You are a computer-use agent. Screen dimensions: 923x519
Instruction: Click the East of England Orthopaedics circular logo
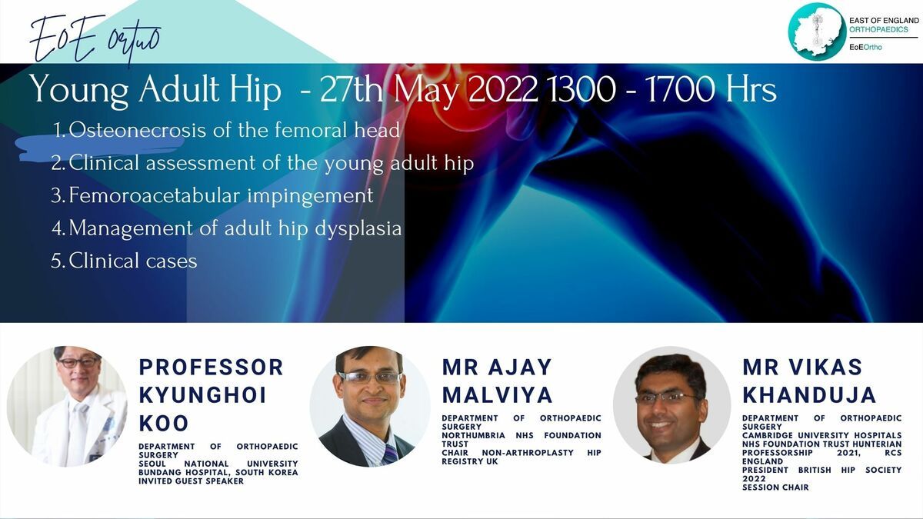(x=817, y=32)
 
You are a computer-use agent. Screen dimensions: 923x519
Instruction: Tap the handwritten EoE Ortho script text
(x=95, y=40)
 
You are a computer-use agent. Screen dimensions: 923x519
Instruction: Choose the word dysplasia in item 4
(x=358, y=229)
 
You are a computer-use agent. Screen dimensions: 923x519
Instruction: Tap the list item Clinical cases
(x=132, y=261)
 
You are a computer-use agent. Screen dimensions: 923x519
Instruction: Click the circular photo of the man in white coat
(x=67, y=406)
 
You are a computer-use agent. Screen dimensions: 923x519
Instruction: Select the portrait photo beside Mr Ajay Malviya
(x=370, y=406)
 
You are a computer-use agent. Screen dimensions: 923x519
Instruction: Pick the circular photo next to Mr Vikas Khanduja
(x=672, y=405)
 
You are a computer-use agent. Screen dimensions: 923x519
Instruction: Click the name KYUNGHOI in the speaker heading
(x=203, y=395)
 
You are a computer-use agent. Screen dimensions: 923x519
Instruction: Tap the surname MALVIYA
(x=497, y=394)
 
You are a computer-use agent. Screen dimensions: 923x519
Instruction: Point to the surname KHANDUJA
(x=809, y=394)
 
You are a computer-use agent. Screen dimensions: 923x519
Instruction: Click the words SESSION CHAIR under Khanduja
(x=775, y=487)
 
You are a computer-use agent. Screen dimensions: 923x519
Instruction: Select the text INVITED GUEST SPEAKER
(x=192, y=481)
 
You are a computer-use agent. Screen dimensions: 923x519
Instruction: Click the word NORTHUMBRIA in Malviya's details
(x=474, y=435)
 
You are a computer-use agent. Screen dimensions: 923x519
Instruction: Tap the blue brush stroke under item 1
(x=99, y=147)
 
